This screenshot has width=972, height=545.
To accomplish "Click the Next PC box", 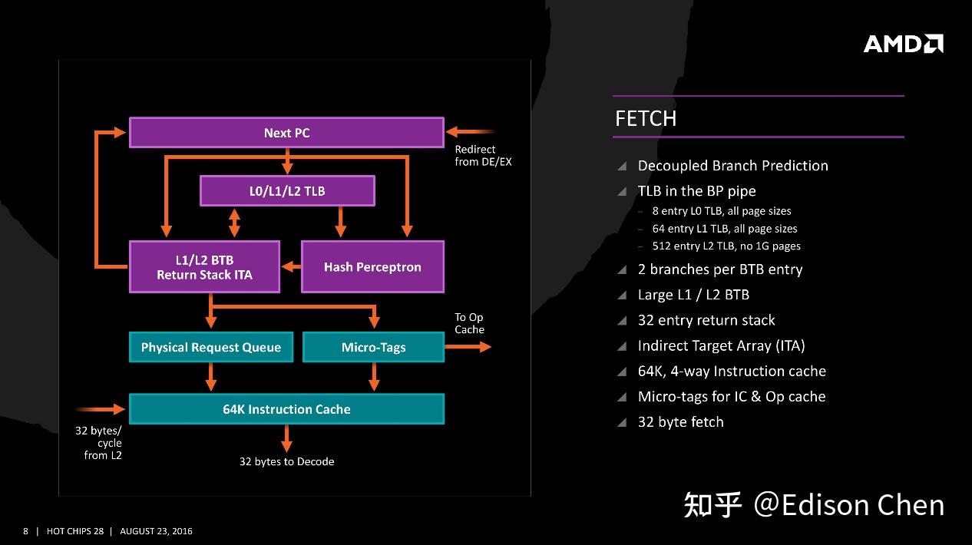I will [286, 133].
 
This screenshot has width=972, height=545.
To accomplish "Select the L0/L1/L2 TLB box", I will [287, 191].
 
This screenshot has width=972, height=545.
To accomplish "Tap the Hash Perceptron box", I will [372, 267].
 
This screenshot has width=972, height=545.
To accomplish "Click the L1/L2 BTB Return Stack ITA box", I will [204, 267].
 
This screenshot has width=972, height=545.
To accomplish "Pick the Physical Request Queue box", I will [211, 347].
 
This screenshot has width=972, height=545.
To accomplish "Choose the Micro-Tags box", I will [373, 347].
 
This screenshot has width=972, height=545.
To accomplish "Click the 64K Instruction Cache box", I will [286, 409].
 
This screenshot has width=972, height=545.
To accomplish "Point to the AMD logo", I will [903, 44].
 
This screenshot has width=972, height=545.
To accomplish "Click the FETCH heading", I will [646, 118].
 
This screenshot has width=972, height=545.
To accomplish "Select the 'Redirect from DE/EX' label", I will [482, 155].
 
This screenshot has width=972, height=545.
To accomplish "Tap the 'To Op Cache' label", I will [469, 323].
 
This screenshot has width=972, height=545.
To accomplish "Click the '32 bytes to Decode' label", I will [286, 461].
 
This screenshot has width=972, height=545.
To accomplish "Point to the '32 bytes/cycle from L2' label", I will [98, 443].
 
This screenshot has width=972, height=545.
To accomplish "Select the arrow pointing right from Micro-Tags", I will [468, 347].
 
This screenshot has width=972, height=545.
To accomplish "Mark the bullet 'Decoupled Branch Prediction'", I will [732, 166].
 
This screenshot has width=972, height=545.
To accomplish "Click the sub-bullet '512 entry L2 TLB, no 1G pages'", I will [726, 246].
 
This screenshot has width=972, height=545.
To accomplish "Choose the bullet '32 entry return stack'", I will [706, 320].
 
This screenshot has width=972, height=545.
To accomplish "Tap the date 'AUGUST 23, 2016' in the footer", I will [157, 531].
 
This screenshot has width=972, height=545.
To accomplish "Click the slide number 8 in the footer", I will [25, 531].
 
